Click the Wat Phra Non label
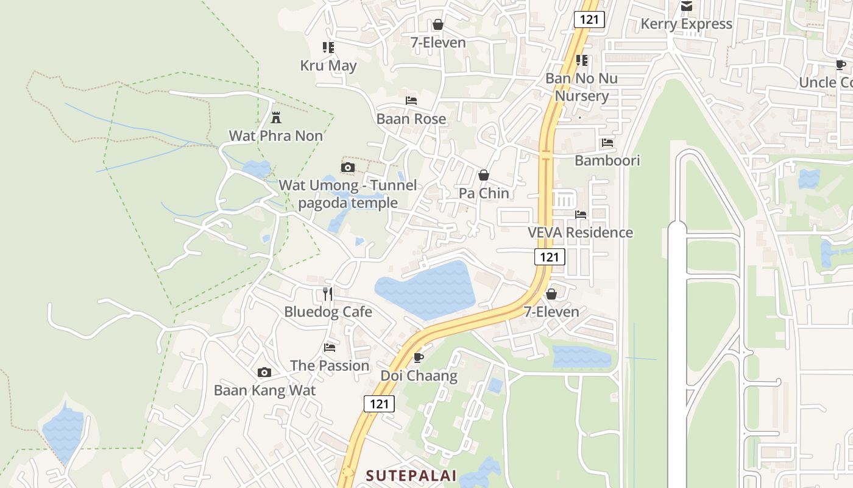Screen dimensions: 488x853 pyautogui.click(x=275, y=135)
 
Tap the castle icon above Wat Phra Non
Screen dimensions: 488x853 pyautogui.click(x=276, y=117)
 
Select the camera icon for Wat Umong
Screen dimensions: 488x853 pyautogui.click(x=348, y=167)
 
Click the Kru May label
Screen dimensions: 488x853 pyautogui.click(x=328, y=65)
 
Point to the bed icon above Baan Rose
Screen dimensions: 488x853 pyautogui.click(x=411, y=100)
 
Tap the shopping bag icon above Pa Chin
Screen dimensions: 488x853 pyautogui.click(x=484, y=175)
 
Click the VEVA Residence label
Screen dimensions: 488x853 pyautogui.click(x=580, y=232)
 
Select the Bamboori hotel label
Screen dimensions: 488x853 pyautogui.click(x=607, y=160)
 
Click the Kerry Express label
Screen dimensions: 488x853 pyautogui.click(x=686, y=24)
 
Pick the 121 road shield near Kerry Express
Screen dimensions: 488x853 pyautogui.click(x=589, y=20)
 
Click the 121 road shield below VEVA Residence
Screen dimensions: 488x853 pyautogui.click(x=550, y=257)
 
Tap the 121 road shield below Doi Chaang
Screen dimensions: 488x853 pyautogui.click(x=379, y=403)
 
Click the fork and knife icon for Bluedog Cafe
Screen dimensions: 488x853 pyautogui.click(x=328, y=293)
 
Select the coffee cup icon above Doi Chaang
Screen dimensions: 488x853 pyautogui.click(x=418, y=357)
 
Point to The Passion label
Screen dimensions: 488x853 pyautogui.click(x=330, y=365)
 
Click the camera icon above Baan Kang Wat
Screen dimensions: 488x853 pyautogui.click(x=264, y=372)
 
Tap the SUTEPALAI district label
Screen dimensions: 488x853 pyautogui.click(x=411, y=475)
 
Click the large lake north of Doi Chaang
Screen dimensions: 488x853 pyautogui.click(x=426, y=290)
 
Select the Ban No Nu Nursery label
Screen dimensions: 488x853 pyautogui.click(x=581, y=87)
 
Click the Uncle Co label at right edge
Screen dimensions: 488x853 pyautogui.click(x=826, y=82)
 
